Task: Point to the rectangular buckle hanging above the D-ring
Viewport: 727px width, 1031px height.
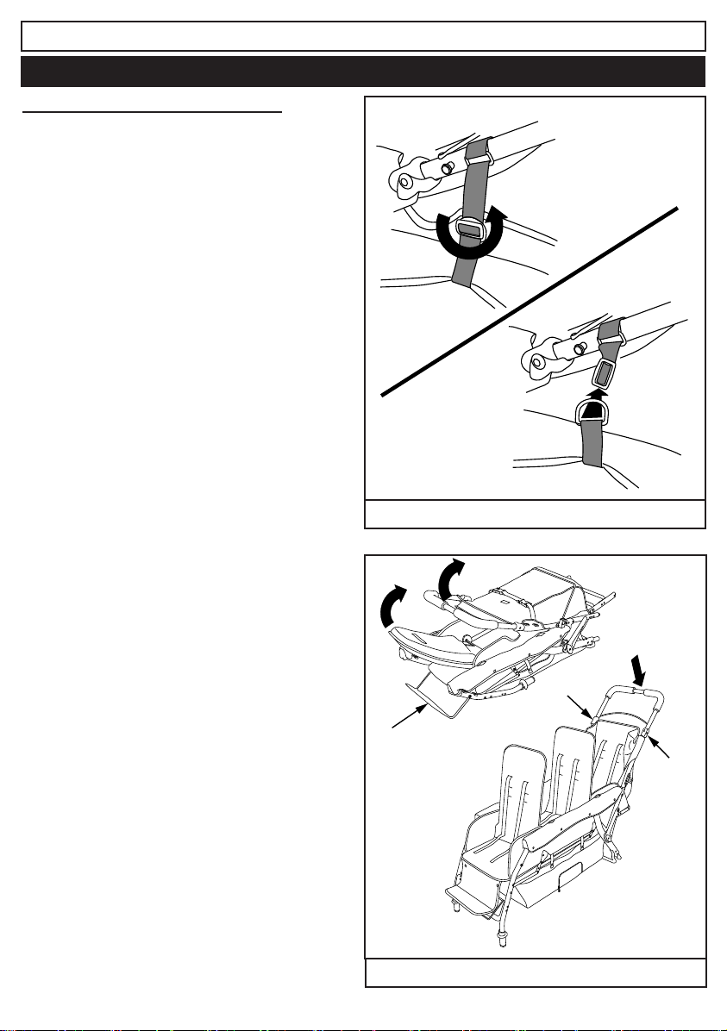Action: pyautogui.click(x=601, y=376)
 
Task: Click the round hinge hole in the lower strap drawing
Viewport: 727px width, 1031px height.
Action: pyautogui.click(x=542, y=362)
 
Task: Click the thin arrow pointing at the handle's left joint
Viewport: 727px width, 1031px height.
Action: pyautogui.click(x=580, y=704)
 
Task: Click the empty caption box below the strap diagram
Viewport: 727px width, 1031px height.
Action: pyautogui.click(x=535, y=514)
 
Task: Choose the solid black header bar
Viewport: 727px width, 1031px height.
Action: pyautogui.click(x=363, y=72)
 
